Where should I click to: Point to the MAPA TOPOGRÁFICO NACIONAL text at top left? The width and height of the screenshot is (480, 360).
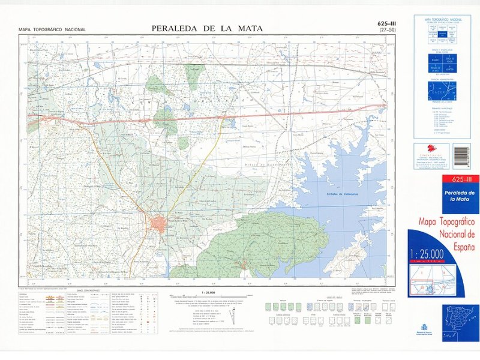52,29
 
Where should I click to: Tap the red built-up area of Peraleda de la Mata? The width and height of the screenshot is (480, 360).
160,224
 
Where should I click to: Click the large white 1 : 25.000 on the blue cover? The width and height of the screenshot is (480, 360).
431,253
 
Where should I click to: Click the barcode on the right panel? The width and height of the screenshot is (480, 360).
461,157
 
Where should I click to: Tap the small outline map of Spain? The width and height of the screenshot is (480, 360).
461,314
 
